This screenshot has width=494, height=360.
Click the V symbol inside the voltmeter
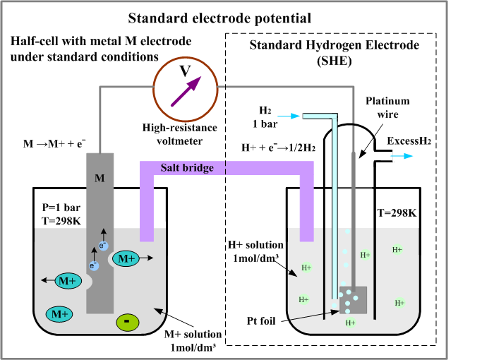[185, 70]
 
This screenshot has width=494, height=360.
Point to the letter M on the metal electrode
[100, 178]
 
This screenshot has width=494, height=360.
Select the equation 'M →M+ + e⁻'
[54, 143]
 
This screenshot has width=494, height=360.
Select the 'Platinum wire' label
[387, 108]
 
